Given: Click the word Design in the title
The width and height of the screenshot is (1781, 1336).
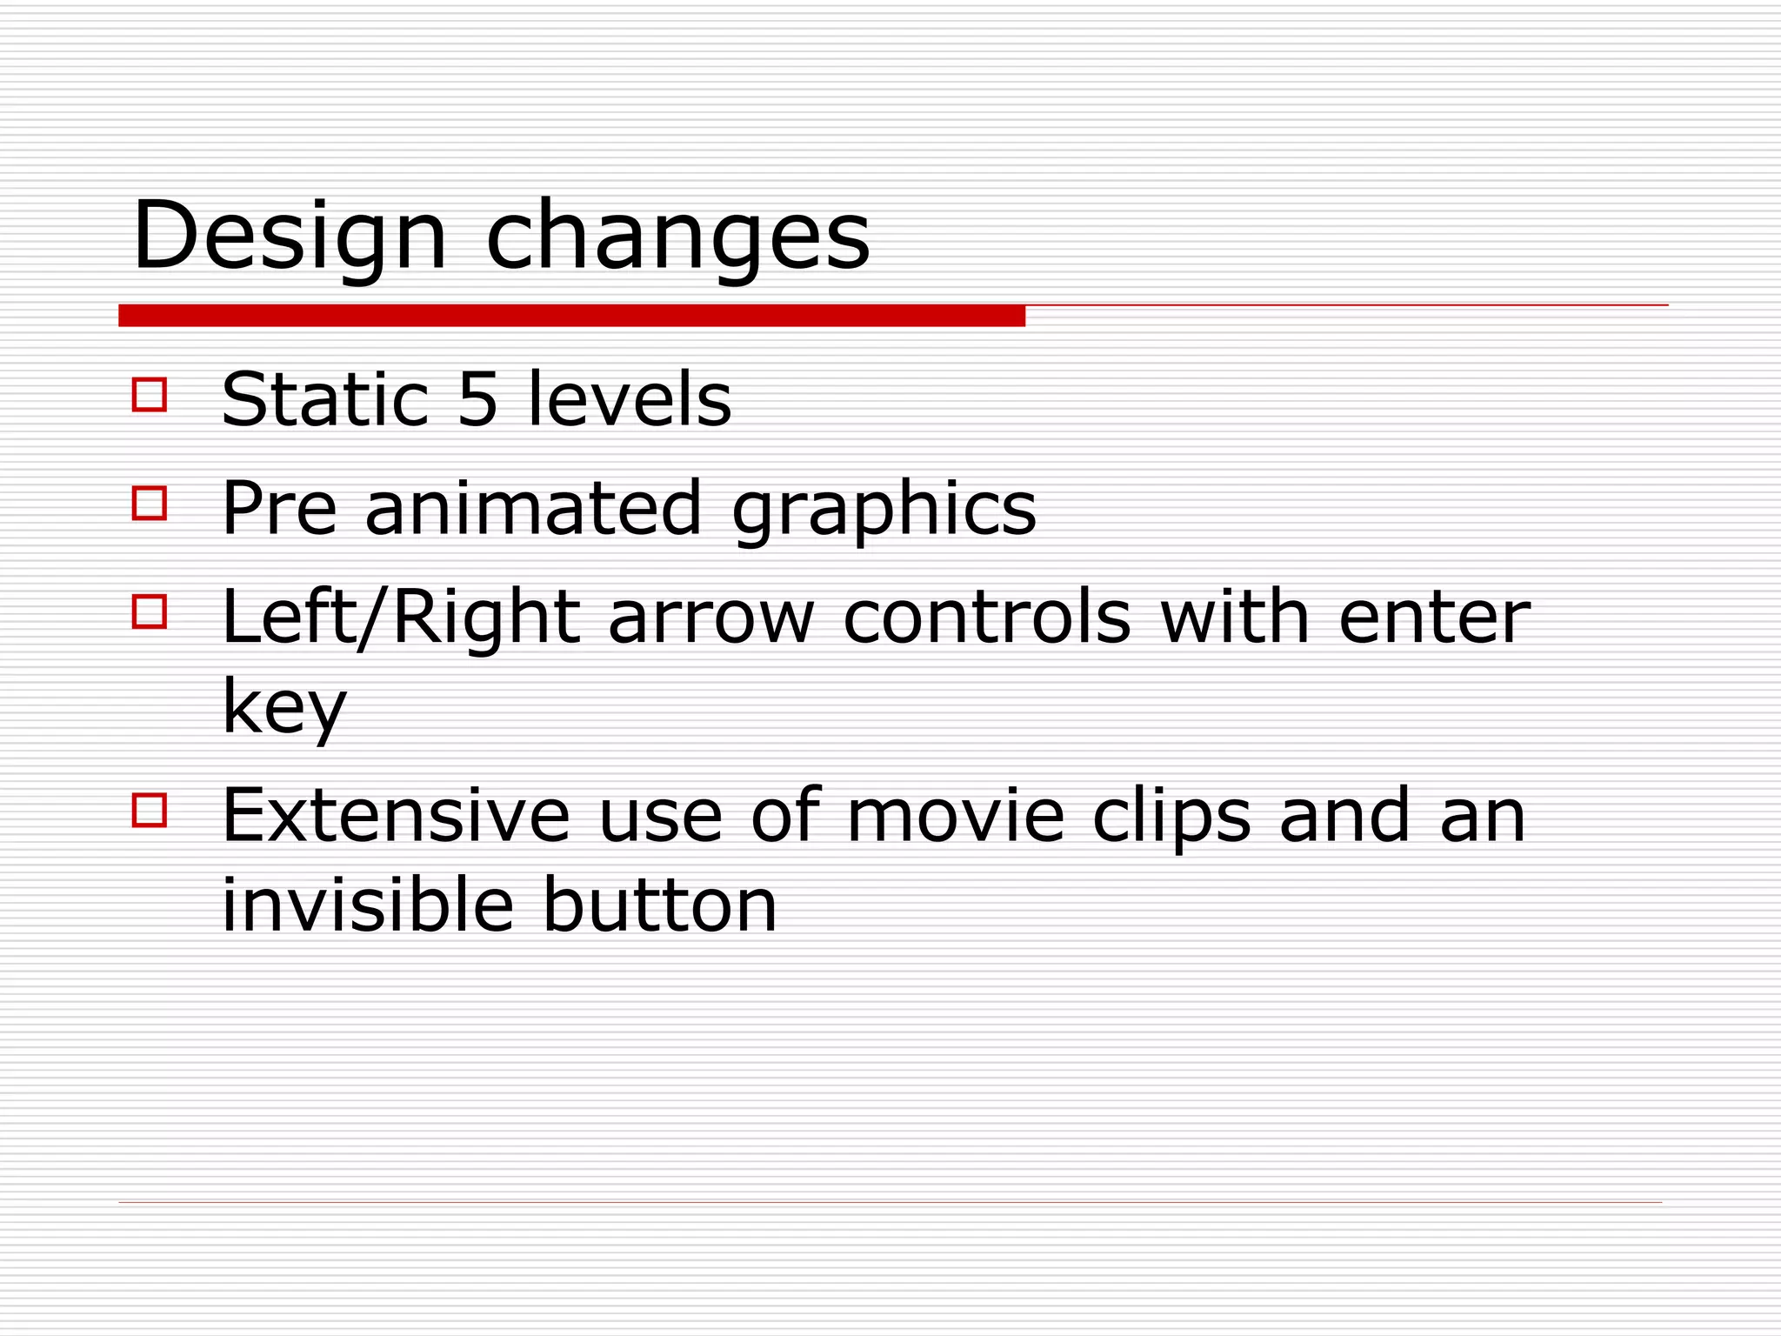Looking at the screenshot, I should coord(290,236).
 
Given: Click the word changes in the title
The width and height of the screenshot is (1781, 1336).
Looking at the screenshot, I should coord(677,236).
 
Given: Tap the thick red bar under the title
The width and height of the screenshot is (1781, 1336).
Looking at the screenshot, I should coord(571,316).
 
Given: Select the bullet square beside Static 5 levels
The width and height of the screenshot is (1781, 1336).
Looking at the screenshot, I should coord(150,394).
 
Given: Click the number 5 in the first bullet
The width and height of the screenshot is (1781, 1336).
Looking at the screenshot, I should coord(478,399).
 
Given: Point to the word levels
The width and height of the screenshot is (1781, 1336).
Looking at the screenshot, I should coord(630,399).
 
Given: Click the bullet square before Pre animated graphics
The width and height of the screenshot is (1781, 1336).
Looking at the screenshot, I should coord(150,503).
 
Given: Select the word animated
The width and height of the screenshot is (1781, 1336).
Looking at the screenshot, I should coord(532,508).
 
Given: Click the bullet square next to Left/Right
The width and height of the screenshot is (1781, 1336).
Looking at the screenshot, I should coord(150,611).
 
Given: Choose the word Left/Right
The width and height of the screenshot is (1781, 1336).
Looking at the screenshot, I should coord(401,618).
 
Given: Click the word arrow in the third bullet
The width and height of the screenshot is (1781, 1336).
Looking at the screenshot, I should coord(710,618).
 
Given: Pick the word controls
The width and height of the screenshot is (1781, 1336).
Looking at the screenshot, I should coord(987,618).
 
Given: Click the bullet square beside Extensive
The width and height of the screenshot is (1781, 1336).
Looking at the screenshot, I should coord(150,810).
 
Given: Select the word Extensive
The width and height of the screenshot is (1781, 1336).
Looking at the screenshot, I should coord(396,816).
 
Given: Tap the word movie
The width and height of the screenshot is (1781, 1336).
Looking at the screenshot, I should coord(955,816).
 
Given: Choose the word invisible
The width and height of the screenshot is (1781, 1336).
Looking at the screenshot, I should coord(368,905).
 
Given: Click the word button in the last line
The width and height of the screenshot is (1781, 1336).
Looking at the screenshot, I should coord(659,905).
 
